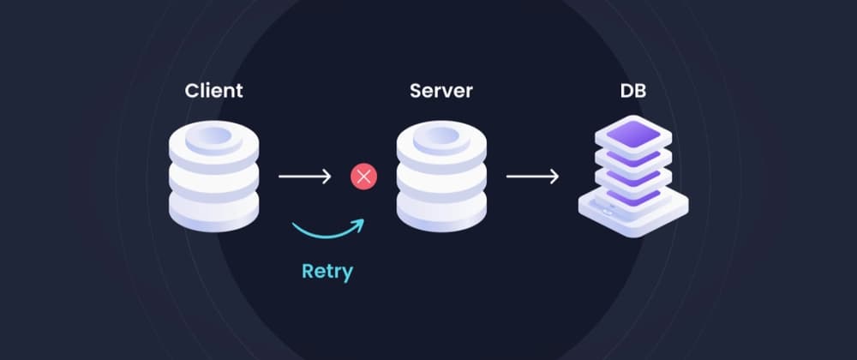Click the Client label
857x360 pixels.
click(214, 90)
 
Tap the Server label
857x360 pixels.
click(440, 90)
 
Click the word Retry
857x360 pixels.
click(327, 271)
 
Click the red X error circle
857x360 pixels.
click(363, 177)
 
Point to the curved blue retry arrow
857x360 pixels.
click(326, 231)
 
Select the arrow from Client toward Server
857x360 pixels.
click(304, 177)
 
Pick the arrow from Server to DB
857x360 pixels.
click(531, 177)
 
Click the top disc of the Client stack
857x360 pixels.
click(214, 141)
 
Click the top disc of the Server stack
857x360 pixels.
click(441, 141)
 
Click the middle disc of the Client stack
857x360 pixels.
click(214, 177)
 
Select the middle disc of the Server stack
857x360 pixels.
click(441, 177)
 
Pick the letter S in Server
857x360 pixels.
click(416, 90)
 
